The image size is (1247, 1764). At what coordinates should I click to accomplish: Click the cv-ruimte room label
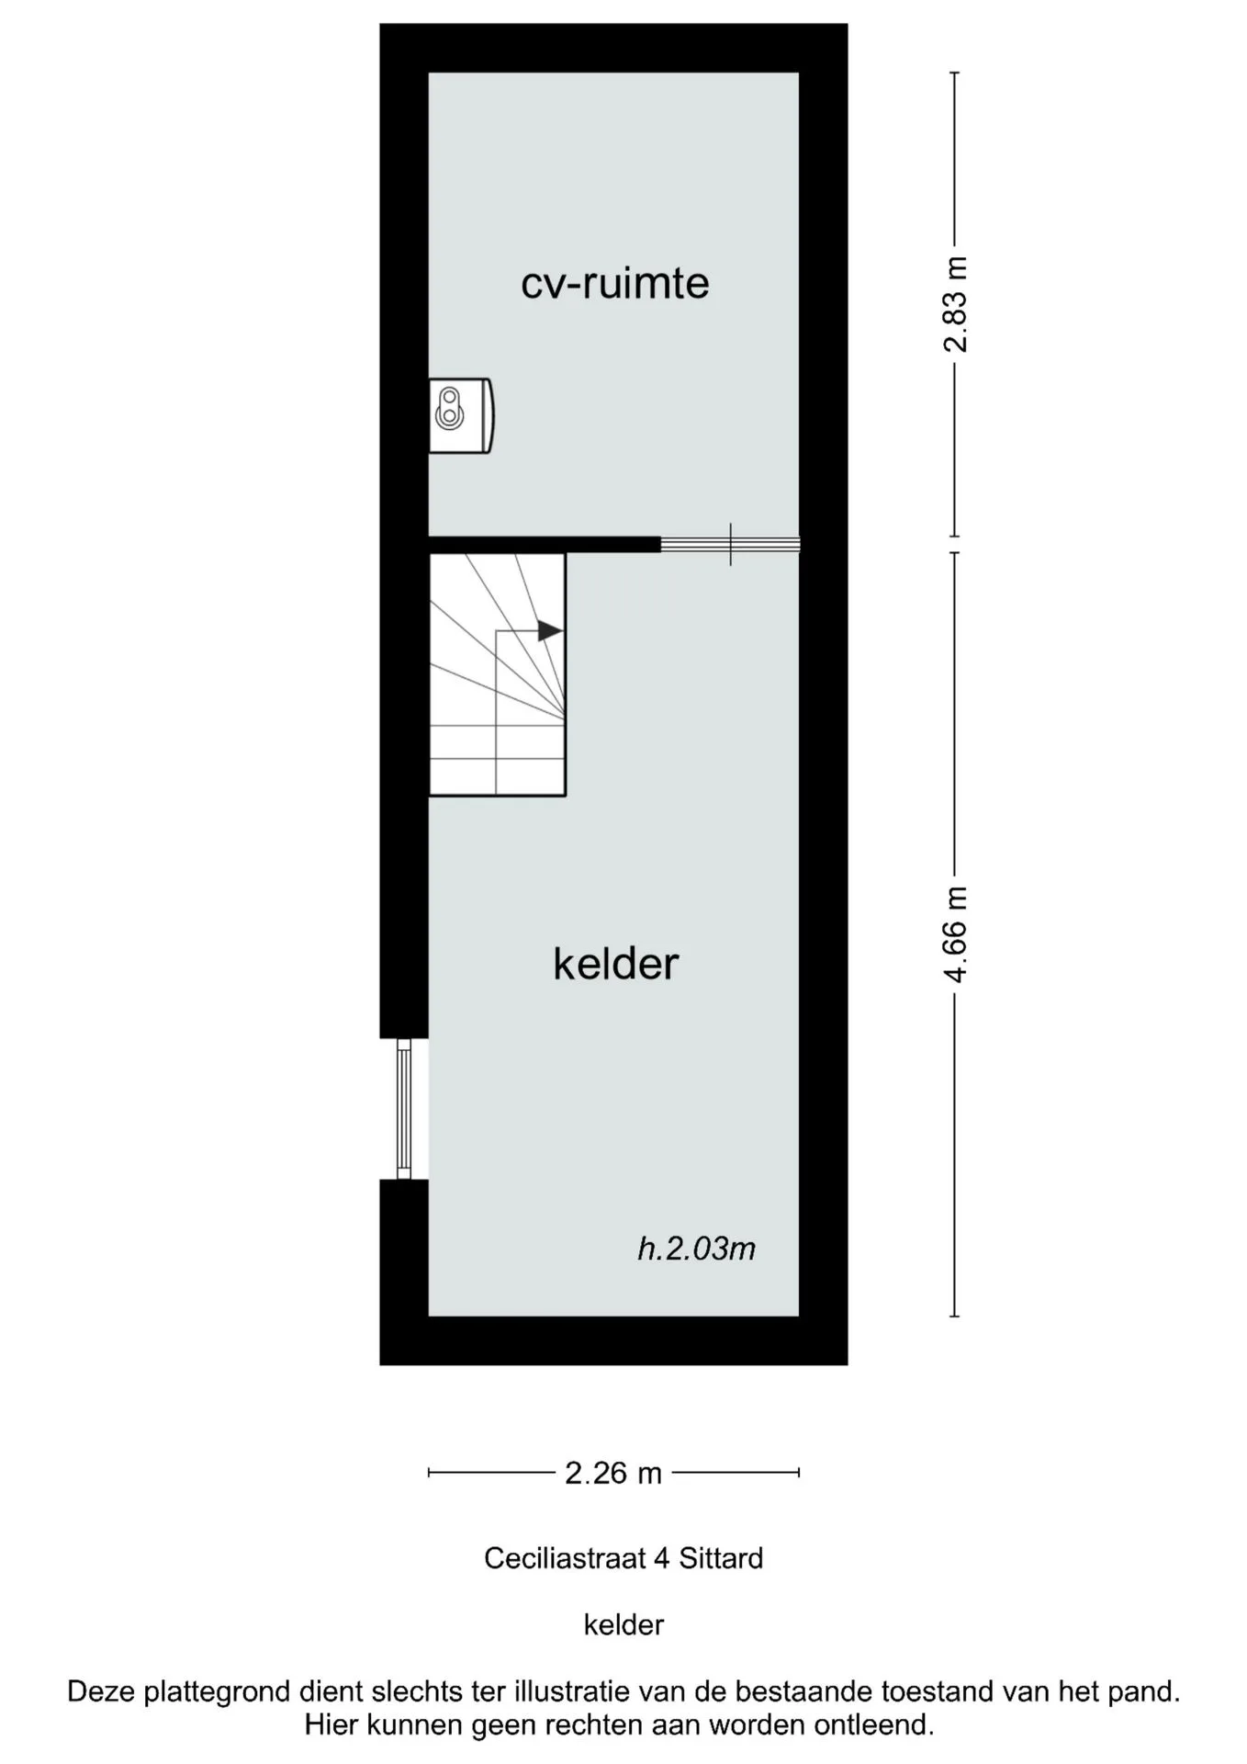[615, 283]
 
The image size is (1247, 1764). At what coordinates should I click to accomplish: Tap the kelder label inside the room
[615, 964]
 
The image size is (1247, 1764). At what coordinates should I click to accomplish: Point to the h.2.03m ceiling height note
[697, 1249]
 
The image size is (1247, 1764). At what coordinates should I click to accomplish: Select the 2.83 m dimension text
[956, 304]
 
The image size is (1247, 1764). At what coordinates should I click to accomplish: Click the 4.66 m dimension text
[956, 934]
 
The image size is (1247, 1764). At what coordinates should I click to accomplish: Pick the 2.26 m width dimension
[613, 1474]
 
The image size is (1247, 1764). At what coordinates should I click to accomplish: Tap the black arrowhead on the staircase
[549, 630]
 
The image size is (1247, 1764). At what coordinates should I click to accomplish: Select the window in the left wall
[404, 1108]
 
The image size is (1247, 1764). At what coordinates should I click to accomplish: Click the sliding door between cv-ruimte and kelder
[730, 544]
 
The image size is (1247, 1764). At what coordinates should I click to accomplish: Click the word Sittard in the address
[721, 1558]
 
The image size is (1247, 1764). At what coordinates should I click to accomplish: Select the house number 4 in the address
[661, 1558]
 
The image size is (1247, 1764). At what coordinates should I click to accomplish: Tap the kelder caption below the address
[623, 1624]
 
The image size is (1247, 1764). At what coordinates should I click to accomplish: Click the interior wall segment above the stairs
[545, 544]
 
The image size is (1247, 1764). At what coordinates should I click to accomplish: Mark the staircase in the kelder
[497, 674]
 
